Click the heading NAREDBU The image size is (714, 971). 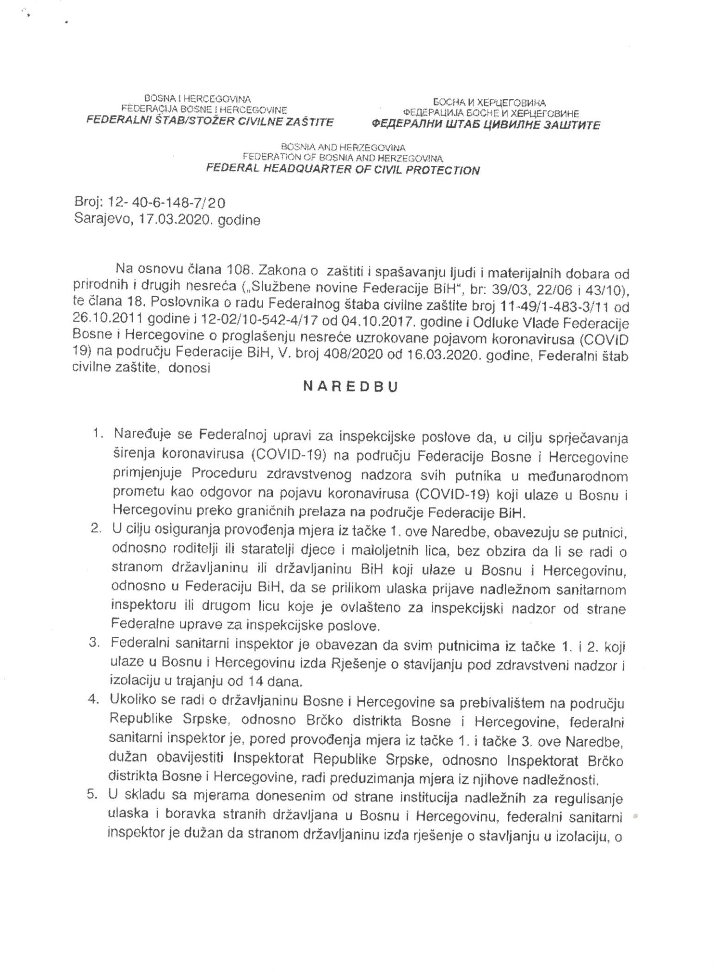click(351, 387)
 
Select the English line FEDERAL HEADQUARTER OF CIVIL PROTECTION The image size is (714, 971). click(343, 170)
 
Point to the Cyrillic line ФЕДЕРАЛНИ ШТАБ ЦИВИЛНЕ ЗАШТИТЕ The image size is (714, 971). click(485, 124)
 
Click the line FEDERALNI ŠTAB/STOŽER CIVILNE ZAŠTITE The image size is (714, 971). click(211, 122)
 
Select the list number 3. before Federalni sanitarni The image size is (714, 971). click(96, 646)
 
